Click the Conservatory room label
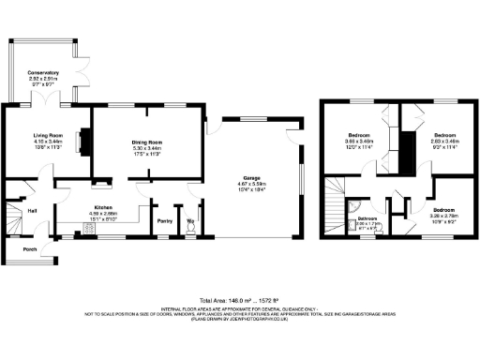tap(44, 72)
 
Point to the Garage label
tap(251, 177)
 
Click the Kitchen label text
tap(103, 208)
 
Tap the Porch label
tap(30, 249)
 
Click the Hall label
tap(32, 210)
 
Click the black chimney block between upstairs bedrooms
tap(408, 151)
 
